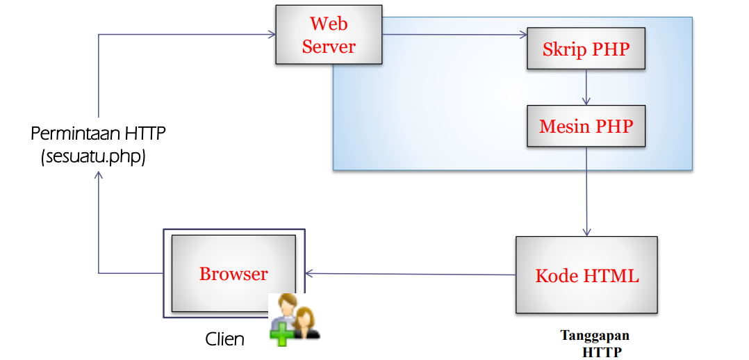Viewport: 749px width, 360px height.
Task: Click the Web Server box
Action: pyautogui.click(x=329, y=35)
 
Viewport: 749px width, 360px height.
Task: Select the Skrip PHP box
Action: pyautogui.click(x=586, y=49)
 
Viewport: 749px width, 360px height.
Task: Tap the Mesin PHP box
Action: pyautogui.click(x=586, y=126)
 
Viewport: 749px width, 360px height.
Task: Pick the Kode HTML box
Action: pyautogui.click(x=586, y=275)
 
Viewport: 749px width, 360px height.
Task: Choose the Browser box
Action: pyautogui.click(x=233, y=273)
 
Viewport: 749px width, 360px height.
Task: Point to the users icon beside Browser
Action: pyautogui.click(x=295, y=318)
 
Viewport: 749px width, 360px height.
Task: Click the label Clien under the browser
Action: pyautogui.click(x=224, y=339)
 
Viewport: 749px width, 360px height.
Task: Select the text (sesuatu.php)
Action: pyautogui.click(x=93, y=156)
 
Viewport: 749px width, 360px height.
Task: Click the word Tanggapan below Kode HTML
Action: pyautogui.click(x=595, y=336)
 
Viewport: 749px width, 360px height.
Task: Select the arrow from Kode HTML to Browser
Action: pyautogui.click(x=410, y=274)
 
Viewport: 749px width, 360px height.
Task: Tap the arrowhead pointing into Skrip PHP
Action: pyautogui.click(x=522, y=35)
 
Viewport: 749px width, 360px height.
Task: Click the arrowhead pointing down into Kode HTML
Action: pyautogui.click(x=587, y=231)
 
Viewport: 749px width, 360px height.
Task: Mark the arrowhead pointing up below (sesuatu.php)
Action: pyautogui.click(x=99, y=176)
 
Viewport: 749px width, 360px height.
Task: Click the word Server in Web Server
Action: pyautogui.click(x=329, y=47)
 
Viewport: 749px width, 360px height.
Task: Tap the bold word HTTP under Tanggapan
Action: pyautogui.click(x=602, y=351)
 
